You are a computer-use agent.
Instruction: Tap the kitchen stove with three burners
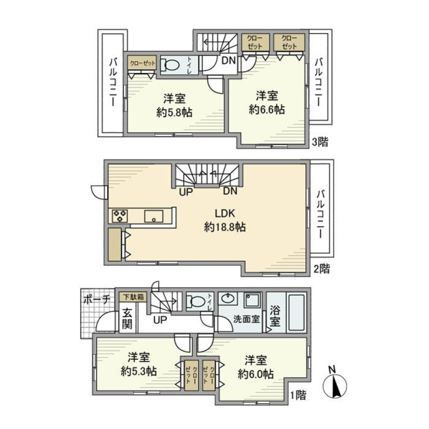click(120, 216)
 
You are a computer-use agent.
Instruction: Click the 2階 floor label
click(321, 269)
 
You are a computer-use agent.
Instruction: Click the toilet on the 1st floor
click(197, 302)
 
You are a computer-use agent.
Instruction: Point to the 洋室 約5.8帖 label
click(174, 106)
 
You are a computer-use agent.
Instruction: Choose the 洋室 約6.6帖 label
click(268, 102)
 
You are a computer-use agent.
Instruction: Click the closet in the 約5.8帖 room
click(143, 63)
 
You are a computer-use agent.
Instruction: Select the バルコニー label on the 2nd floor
click(321, 214)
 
